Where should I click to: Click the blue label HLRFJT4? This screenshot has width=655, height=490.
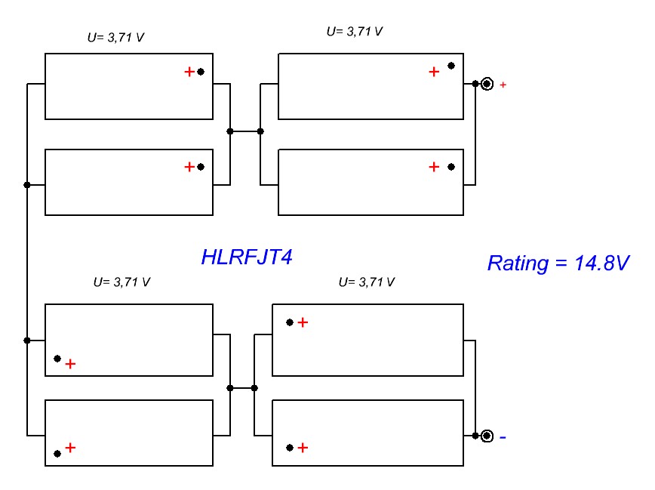point(246,257)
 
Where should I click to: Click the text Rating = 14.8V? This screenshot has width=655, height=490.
point(558,263)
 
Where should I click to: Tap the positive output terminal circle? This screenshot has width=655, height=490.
point(487,84)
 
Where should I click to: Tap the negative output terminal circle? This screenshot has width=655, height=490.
point(487,436)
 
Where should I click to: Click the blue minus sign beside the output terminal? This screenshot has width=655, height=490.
point(503,436)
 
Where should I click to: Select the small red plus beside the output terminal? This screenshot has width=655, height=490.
point(503,85)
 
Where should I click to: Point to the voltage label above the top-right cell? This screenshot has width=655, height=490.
point(355,32)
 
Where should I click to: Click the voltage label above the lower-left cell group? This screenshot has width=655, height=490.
point(121,282)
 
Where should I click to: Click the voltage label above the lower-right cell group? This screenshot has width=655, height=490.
point(367,282)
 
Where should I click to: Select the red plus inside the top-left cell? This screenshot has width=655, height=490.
point(189,72)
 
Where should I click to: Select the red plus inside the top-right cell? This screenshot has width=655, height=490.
point(434,72)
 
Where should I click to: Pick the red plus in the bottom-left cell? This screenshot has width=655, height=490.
point(70,447)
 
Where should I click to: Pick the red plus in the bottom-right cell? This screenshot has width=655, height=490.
point(303,447)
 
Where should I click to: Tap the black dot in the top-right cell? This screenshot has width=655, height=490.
point(451,66)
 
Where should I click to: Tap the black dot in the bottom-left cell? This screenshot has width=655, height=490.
point(57,454)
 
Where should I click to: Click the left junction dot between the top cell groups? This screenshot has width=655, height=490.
point(230,131)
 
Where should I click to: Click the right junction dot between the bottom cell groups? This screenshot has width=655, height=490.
point(254,388)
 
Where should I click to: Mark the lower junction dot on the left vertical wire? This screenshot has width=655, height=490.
point(27,341)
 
